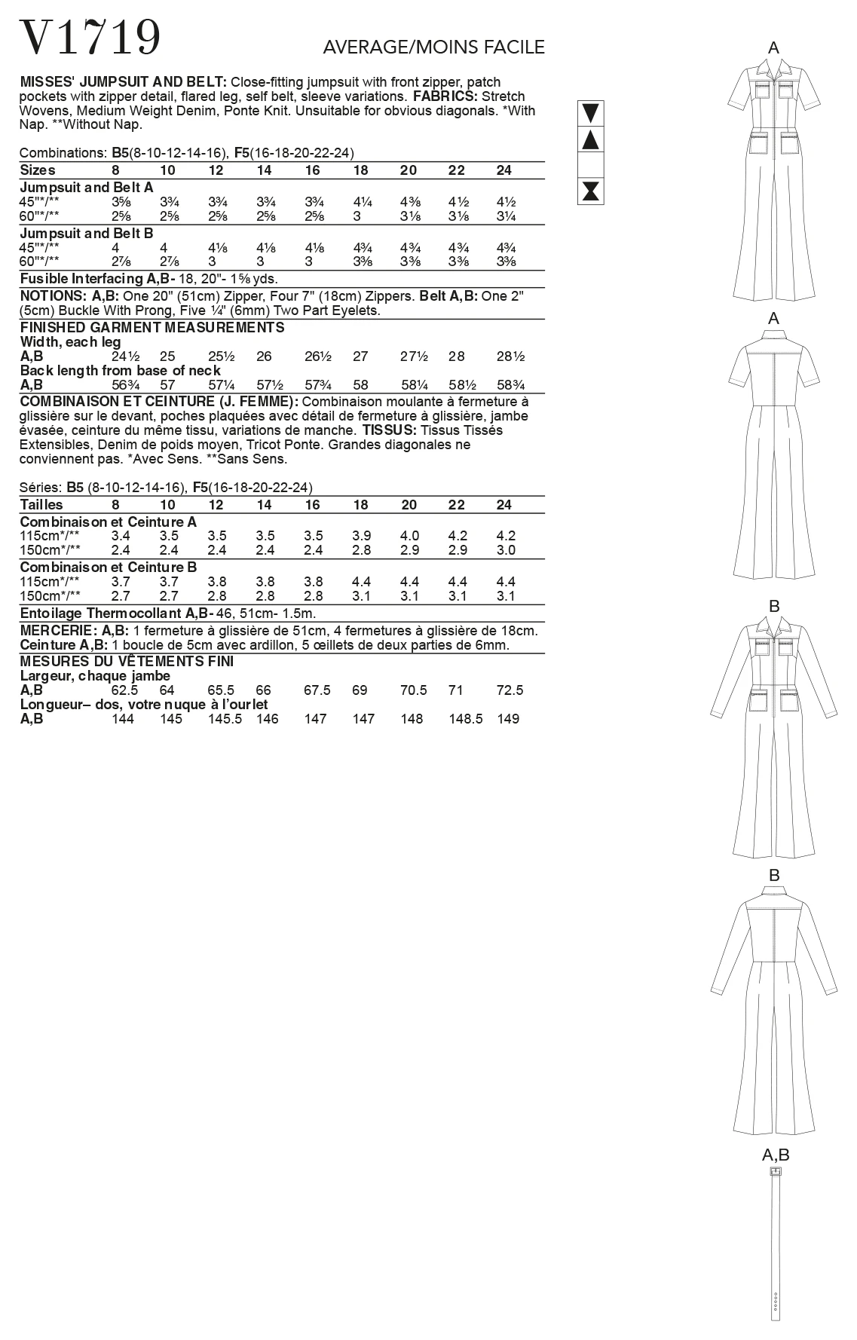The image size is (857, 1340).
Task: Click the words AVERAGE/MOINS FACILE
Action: [433, 47]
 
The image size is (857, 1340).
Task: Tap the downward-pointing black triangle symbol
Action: [591, 113]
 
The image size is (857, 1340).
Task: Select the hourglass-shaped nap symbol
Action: [591, 191]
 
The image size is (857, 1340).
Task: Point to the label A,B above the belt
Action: [775, 1155]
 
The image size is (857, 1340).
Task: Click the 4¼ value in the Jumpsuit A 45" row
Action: [361, 202]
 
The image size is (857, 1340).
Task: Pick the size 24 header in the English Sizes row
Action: [504, 170]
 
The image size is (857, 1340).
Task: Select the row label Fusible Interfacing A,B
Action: [97, 278]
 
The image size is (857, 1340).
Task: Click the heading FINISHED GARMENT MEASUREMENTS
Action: [152, 328]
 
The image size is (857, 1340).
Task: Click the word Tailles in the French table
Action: [41, 505]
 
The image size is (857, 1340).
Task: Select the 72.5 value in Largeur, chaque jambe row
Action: [510, 690]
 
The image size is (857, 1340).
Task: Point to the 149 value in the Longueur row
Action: [509, 719]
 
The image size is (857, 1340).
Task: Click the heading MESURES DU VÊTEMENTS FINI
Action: [127, 662]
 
